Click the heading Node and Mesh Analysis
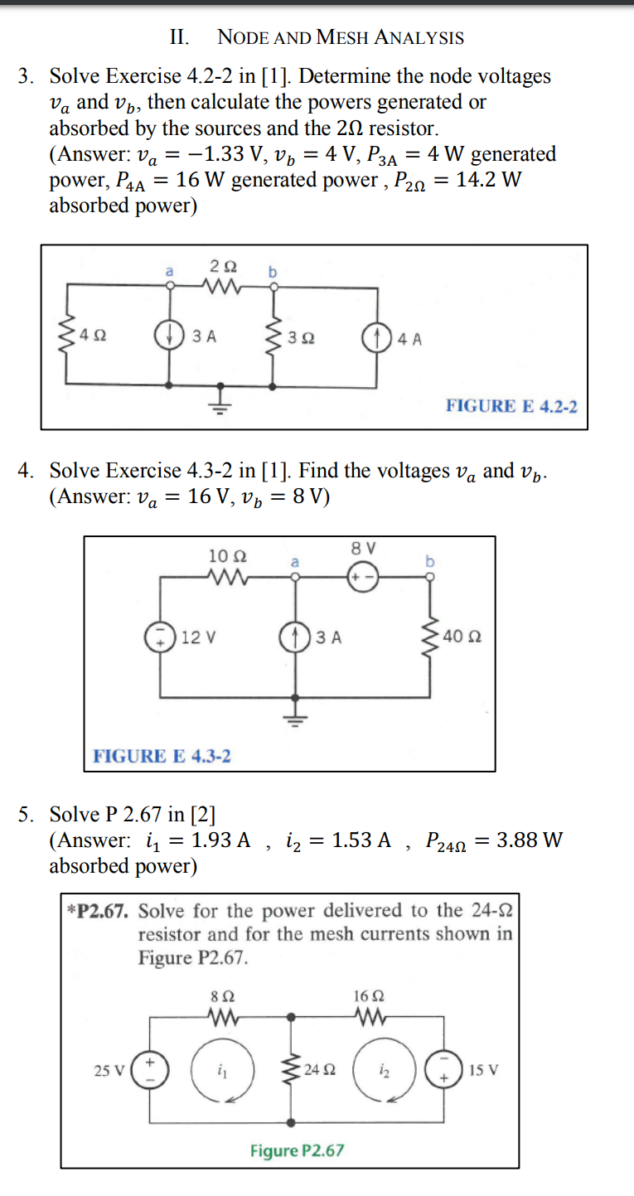(x=340, y=37)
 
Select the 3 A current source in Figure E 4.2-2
(x=170, y=337)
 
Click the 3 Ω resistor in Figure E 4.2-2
(x=273, y=337)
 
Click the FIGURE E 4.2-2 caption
(x=511, y=406)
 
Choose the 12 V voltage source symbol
(x=159, y=637)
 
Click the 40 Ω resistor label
(x=462, y=637)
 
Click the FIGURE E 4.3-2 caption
(x=162, y=756)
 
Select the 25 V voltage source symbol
(x=151, y=1070)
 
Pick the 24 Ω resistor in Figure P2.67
(x=291, y=1070)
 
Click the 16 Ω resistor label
(x=367, y=995)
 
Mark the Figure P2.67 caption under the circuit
(x=297, y=1150)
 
